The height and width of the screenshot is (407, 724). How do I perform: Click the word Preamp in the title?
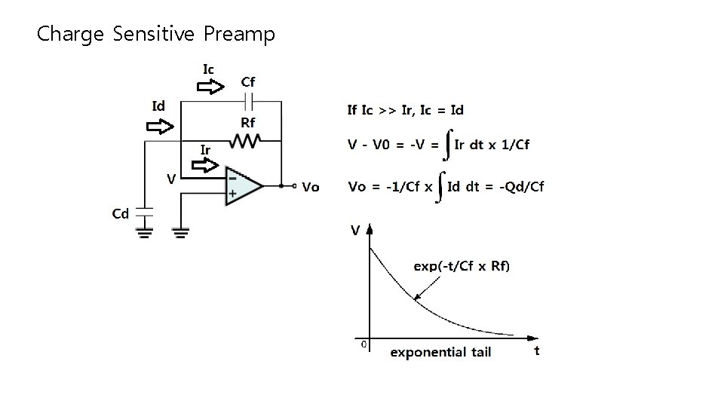(x=239, y=34)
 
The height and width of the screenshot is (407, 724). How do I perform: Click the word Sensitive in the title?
(x=153, y=34)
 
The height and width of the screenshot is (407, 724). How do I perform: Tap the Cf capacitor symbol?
(x=248, y=99)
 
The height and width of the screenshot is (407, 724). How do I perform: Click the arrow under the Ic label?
(x=210, y=87)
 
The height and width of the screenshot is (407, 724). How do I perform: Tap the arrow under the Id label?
(x=159, y=126)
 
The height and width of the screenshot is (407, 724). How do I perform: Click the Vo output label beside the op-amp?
(x=310, y=188)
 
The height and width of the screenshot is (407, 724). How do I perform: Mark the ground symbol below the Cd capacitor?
(x=145, y=231)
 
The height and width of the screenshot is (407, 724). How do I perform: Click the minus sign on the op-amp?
(x=233, y=179)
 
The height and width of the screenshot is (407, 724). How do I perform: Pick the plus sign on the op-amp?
(x=233, y=194)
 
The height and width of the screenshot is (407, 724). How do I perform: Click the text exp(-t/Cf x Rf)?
(x=462, y=265)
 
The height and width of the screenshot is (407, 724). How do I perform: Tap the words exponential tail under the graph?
(x=440, y=352)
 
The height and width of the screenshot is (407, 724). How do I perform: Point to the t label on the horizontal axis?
(x=537, y=350)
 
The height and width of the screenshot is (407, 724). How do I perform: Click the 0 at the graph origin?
(x=364, y=344)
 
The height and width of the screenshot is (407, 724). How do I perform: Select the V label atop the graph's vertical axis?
(x=354, y=231)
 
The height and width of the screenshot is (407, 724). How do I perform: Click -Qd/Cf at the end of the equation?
(x=522, y=186)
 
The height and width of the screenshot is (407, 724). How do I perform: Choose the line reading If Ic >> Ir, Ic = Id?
(x=406, y=110)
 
